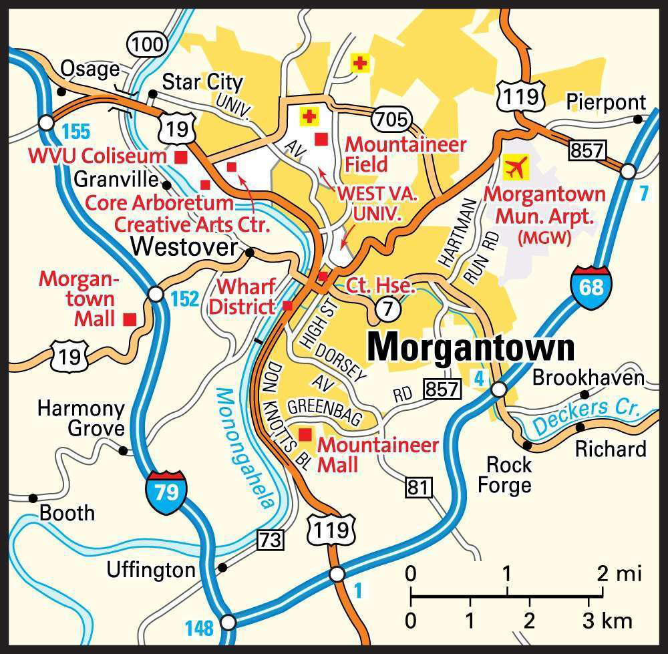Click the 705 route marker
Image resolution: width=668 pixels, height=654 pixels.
[390, 119]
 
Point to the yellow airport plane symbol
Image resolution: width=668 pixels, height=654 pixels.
[514, 168]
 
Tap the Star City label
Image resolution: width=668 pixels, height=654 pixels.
[202, 82]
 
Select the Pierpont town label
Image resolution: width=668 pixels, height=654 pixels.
[606, 102]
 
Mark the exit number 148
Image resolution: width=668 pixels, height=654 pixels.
[198, 628]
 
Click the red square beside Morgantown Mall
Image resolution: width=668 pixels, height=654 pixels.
[130, 319]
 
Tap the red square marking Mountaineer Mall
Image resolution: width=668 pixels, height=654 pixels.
[305, 434]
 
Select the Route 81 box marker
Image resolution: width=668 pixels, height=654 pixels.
[419, 488]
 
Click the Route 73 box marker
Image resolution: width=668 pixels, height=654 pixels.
[271, 538]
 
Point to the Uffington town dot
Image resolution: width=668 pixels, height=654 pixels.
[222, 568]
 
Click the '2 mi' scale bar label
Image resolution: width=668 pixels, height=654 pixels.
[619, 573]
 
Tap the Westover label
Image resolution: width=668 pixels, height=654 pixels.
[184, 247]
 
